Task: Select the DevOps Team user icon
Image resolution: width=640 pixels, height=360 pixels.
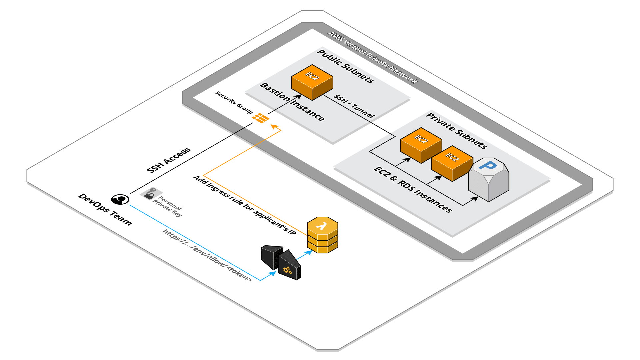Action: point(120,199)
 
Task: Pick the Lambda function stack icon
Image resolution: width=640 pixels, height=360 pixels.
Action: point(322,235)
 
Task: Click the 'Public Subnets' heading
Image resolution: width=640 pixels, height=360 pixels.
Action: point(345,66)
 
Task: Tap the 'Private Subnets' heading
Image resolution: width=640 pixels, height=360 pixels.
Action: point(456,131)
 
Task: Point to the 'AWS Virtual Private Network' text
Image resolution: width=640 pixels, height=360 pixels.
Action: point(372,57)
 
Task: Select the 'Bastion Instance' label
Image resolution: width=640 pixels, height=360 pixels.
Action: point(292,102)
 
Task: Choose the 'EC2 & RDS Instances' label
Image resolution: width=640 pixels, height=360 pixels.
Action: point(413,189)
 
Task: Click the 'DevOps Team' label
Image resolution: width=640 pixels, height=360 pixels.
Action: point(105,209)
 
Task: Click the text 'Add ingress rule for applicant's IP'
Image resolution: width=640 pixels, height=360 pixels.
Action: point(244,205)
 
